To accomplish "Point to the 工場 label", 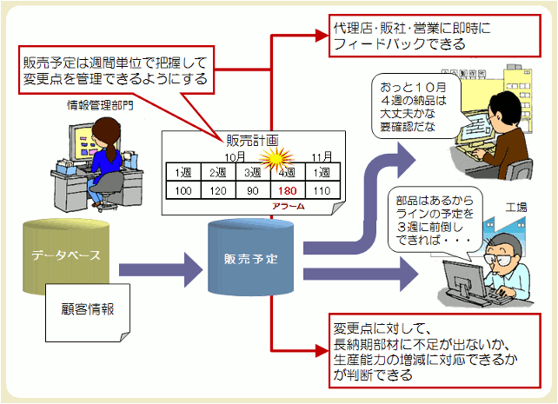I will pyautogui.click(x=516, y=207).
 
